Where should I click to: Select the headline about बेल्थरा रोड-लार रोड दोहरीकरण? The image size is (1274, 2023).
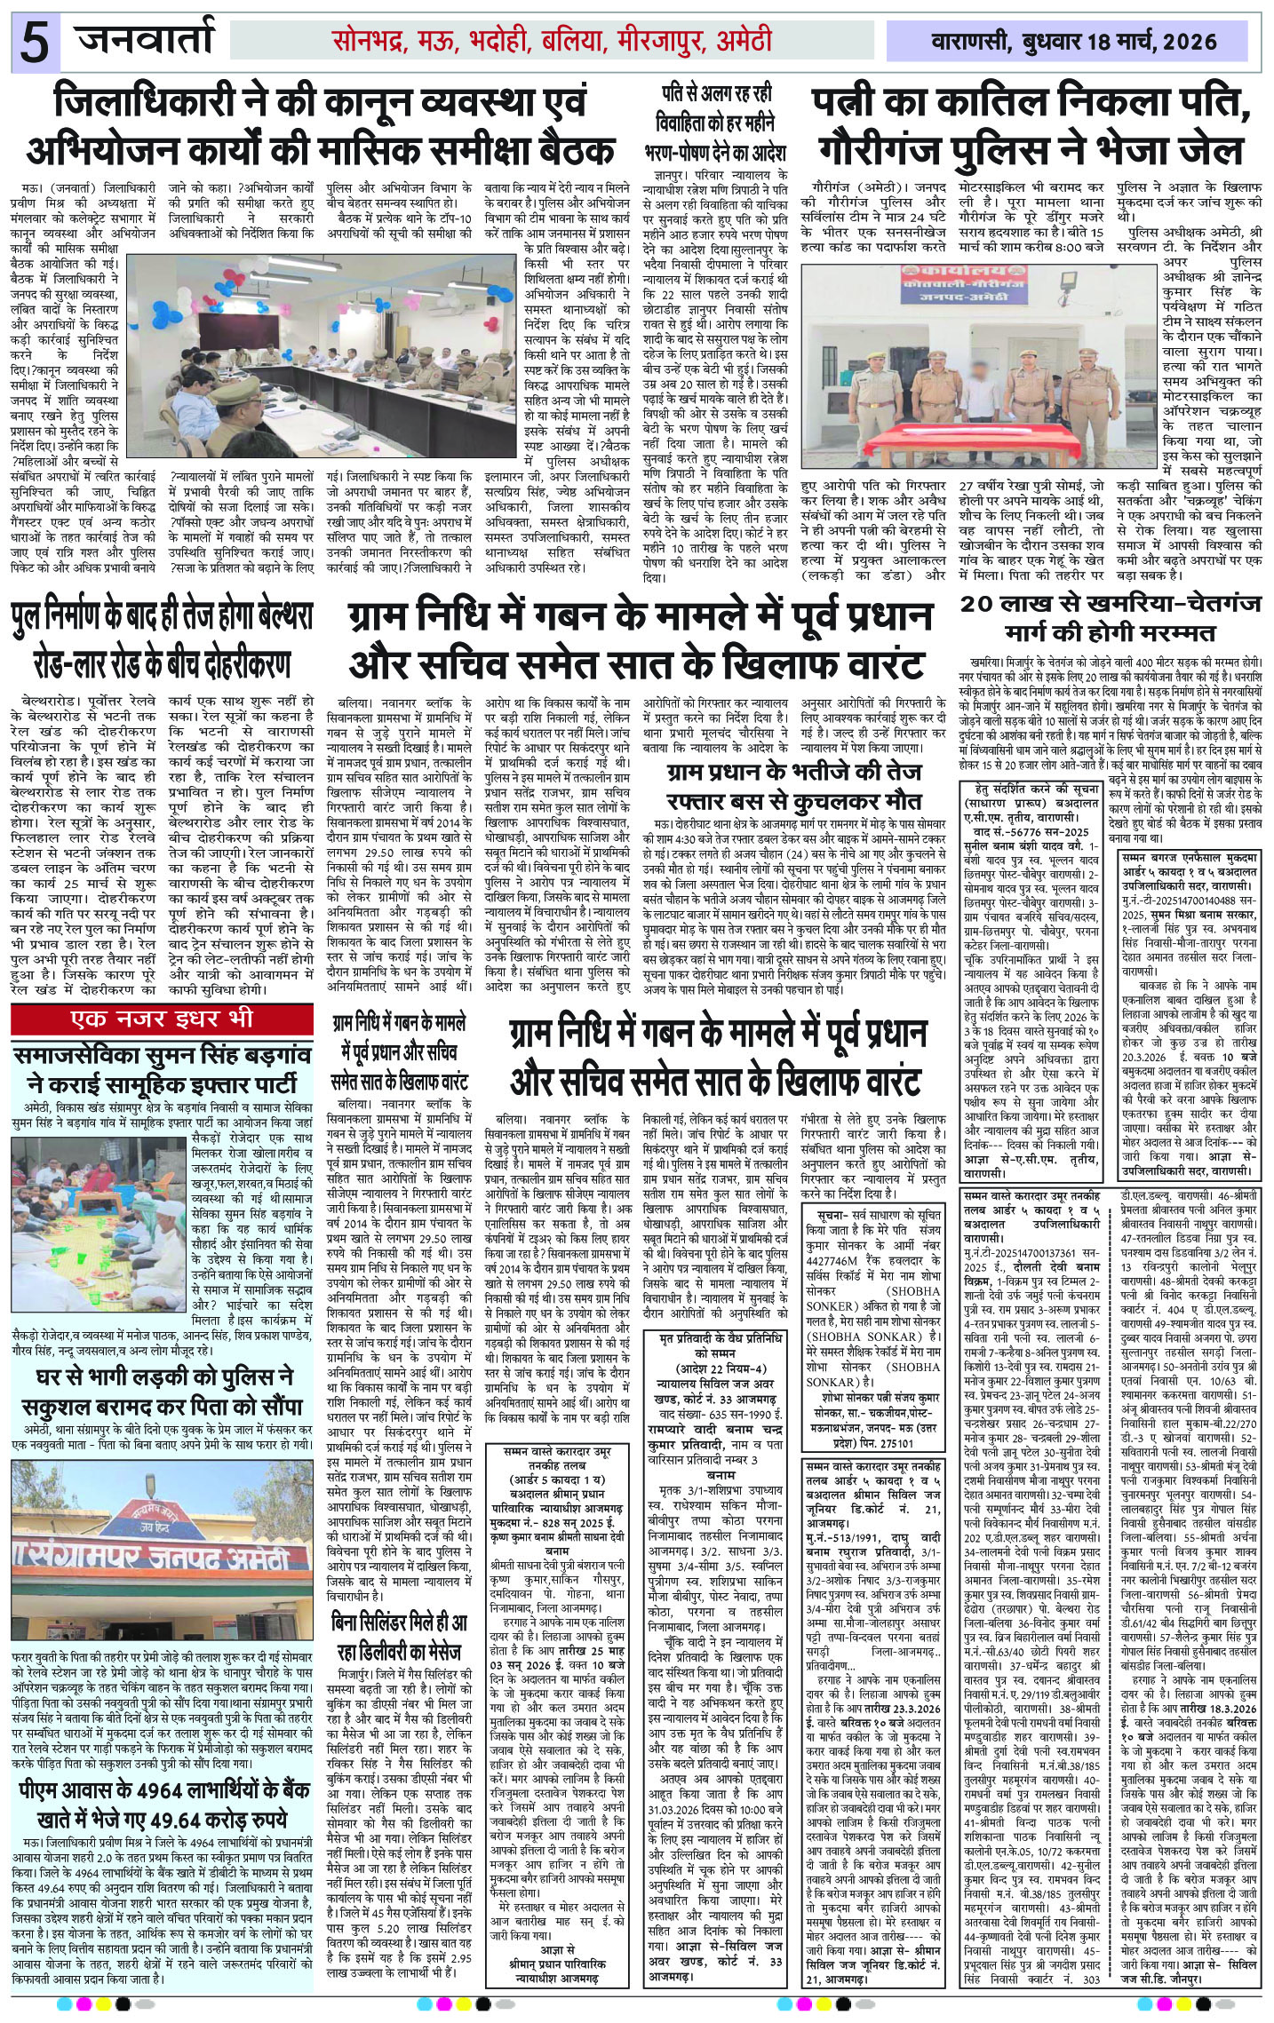[x=164, y=639]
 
